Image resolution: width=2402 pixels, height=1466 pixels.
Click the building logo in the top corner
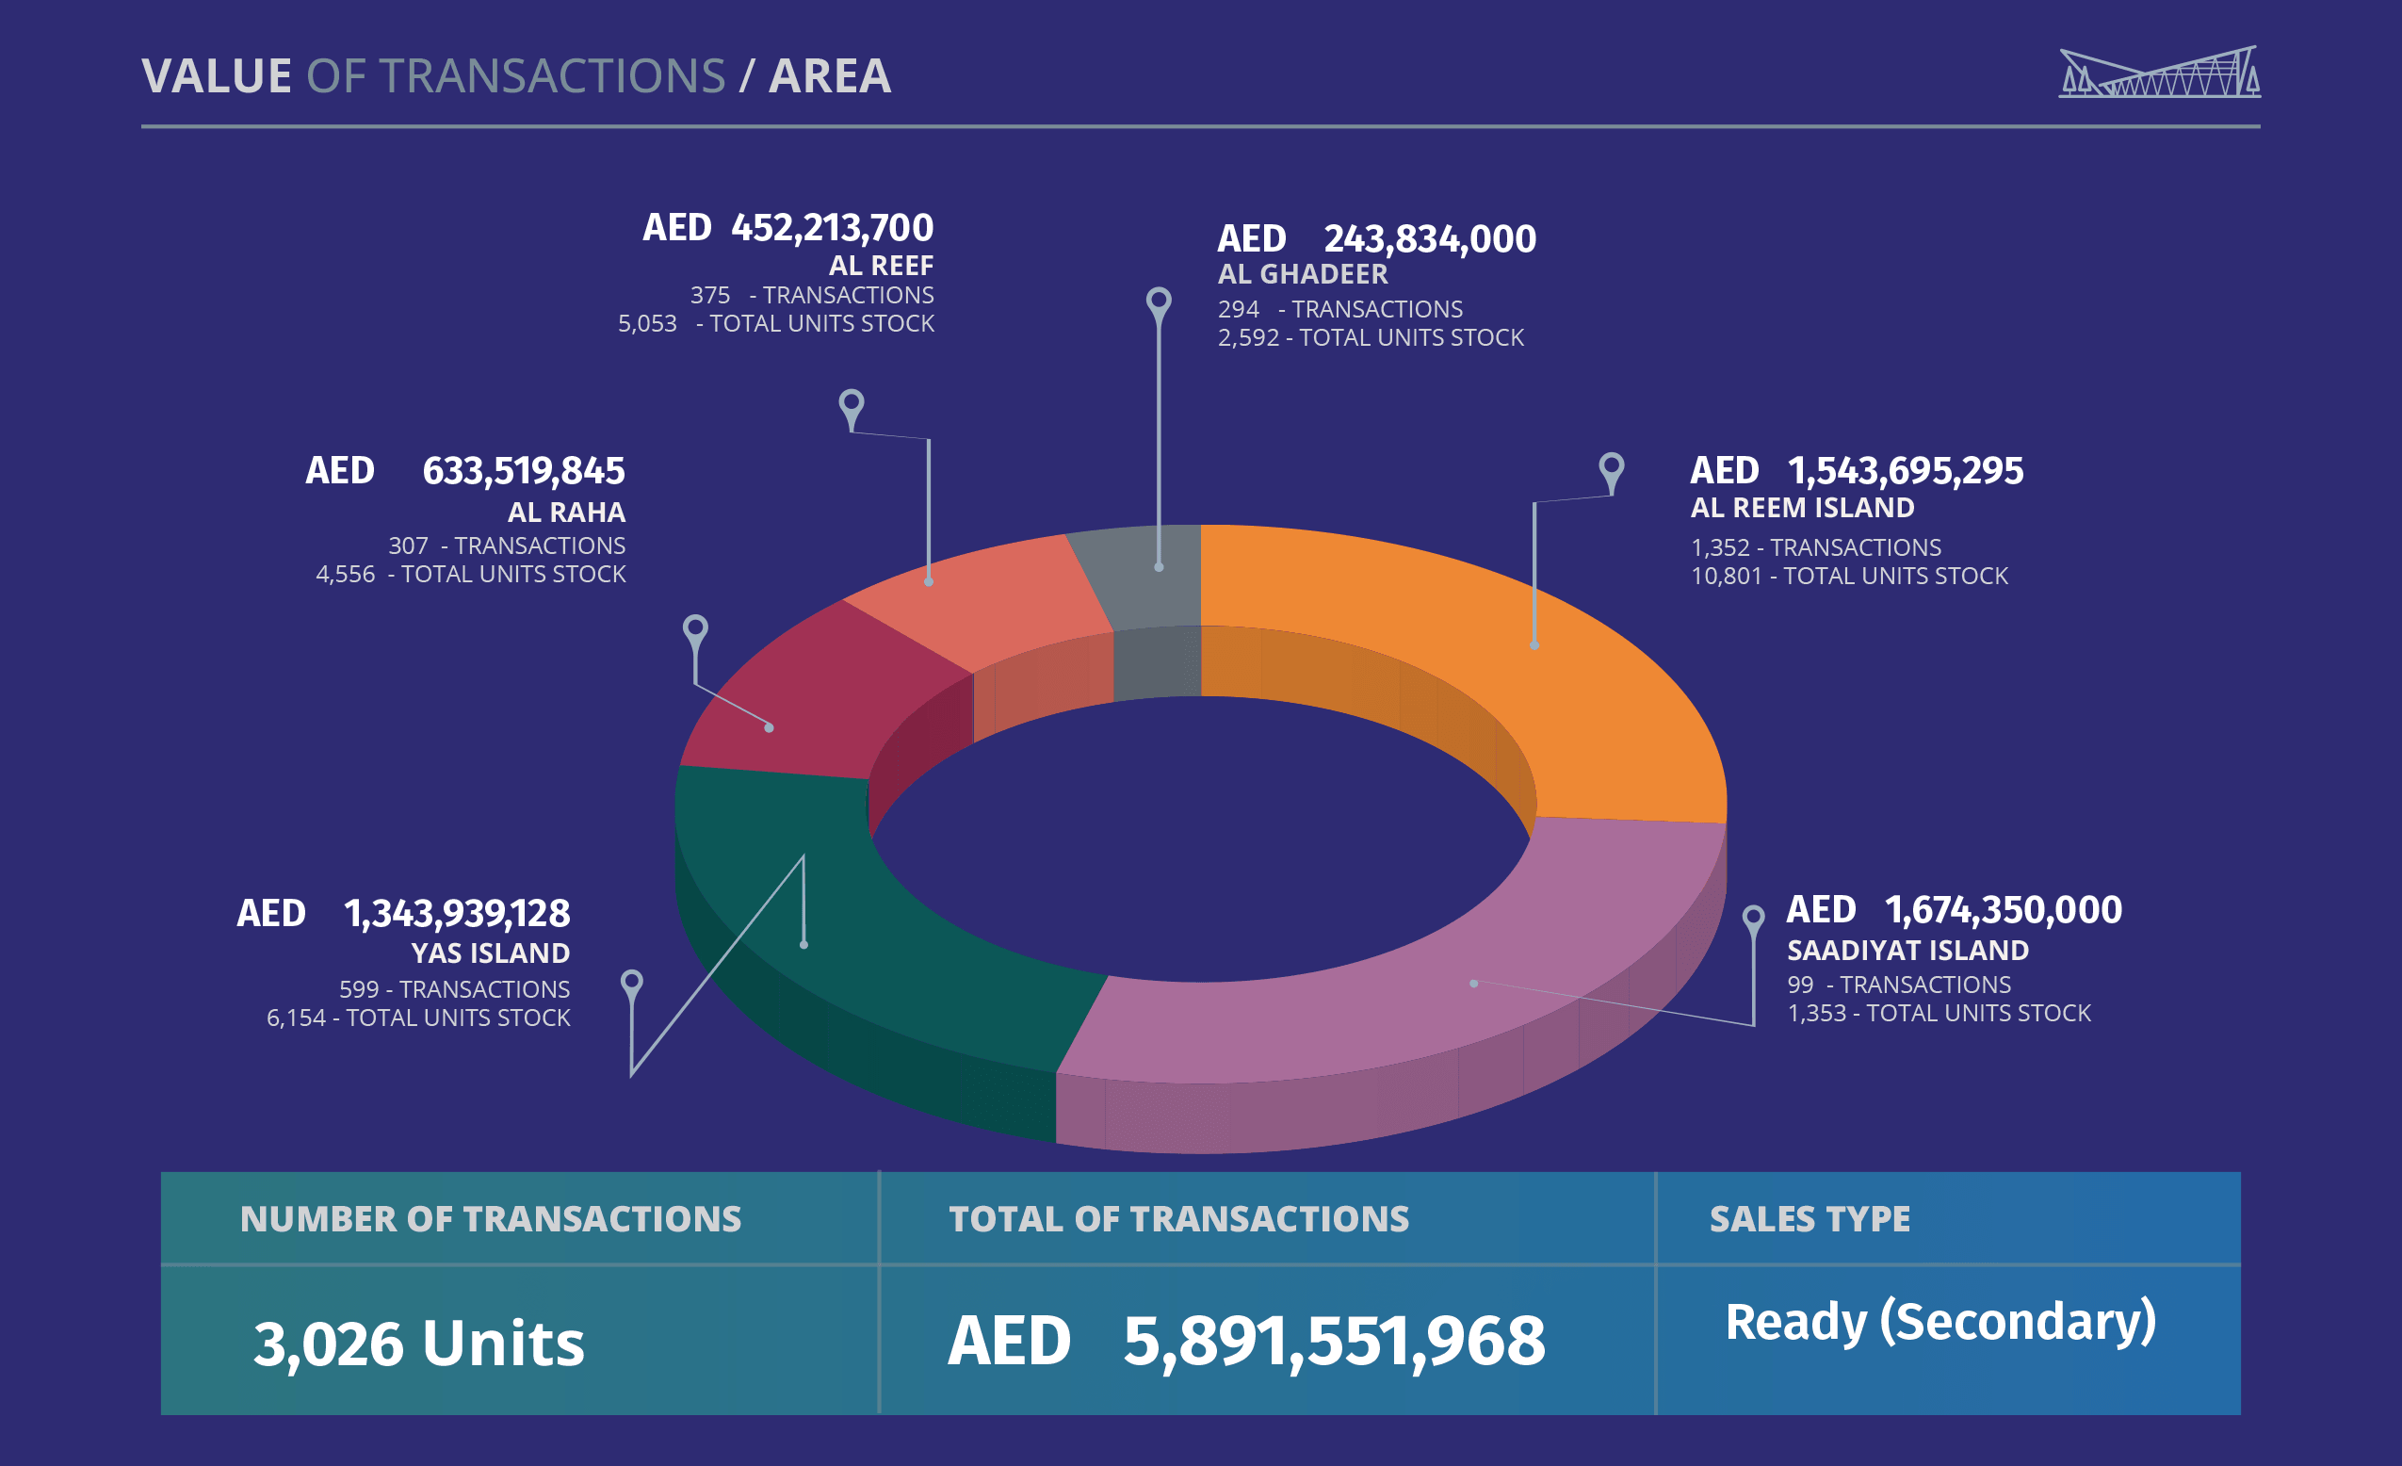tap(2159, 73)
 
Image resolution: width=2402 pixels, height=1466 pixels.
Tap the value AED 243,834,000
tap(1376, 238)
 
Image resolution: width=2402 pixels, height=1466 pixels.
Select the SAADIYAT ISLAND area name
tap(1907, 951)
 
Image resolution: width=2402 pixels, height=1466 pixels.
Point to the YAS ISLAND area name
tap(491, 953)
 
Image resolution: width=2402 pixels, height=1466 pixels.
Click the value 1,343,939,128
tap(456, 913)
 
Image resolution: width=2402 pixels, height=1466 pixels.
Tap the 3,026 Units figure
tap(419, 1344)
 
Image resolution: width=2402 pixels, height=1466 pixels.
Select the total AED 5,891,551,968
tap(1246, 1342)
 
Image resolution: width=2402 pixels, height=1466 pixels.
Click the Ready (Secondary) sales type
tap(1939, 1323)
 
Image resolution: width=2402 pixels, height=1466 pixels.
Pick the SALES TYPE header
tap(1810, 1219)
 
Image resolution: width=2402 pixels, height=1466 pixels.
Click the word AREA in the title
tap(830, 76)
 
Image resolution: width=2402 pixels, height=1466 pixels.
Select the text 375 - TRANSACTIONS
tap(811, 295)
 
